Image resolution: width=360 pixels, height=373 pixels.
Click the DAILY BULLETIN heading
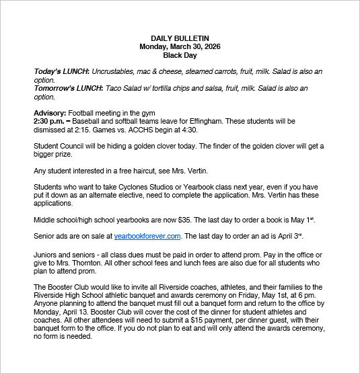[x=180, y=38]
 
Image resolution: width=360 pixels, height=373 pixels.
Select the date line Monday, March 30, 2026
[x=180, y=47]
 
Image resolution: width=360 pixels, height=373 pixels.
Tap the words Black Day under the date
[x=180, y=56]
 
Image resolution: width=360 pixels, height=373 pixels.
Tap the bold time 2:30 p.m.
[x=49, y=121]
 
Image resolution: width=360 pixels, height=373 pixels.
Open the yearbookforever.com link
[x=147, y=236]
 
